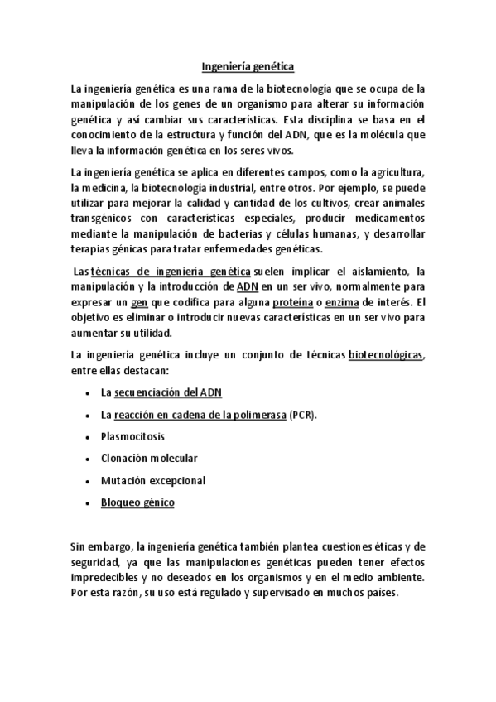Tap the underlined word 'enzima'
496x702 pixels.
pyautogui.click(x=332, y=303)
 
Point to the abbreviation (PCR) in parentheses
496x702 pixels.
pyautogui.click(x=304, y=414)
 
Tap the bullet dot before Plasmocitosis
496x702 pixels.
pyautogui.click(x=88, y=436)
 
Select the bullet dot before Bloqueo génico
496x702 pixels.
pyautogui.click(x=88, y=503)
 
